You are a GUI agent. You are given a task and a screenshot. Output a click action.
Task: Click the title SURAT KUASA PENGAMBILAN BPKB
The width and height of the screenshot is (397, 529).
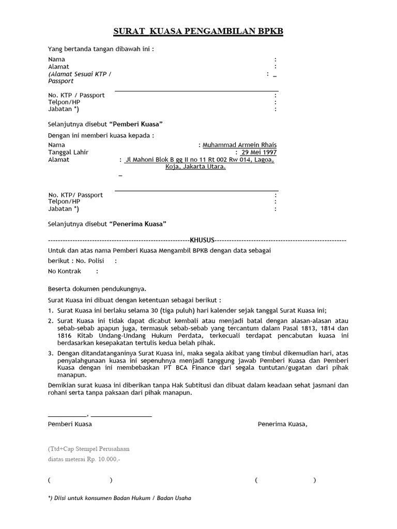point(198,32)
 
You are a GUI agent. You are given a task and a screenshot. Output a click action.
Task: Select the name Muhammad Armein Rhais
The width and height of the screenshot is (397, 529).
point(239,145)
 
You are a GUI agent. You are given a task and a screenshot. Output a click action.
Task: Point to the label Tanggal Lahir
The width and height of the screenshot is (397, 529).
point(68,152)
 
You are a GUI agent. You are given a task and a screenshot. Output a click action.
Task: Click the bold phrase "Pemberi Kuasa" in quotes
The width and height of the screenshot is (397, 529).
point(136,125)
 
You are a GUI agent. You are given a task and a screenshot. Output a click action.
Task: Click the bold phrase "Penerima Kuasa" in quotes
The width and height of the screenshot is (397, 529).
point(138,224)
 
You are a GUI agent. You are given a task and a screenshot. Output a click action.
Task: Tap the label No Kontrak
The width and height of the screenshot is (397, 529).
point(65,271)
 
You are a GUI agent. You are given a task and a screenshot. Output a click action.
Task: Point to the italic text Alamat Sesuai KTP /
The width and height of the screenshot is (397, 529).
point(80,74)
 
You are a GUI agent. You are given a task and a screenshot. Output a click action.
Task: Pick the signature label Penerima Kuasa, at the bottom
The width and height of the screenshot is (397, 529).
point(282,424)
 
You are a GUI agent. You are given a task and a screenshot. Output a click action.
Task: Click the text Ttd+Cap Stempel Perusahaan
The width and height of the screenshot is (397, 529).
point(88,449)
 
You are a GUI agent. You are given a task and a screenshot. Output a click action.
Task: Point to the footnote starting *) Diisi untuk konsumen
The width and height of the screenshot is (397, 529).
point(119,498)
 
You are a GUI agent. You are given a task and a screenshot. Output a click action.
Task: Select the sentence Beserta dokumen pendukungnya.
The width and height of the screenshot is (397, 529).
point(97,289)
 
